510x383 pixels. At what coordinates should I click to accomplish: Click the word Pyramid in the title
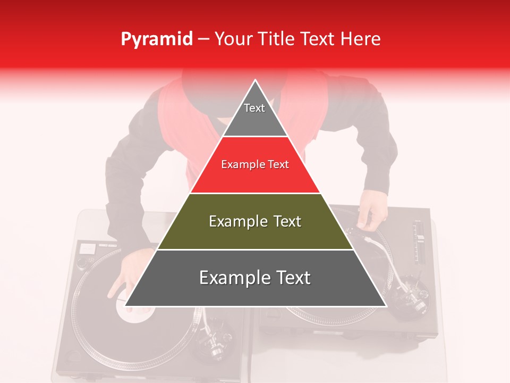click(156, 39)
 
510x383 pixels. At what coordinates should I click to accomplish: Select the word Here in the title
click(360, 39)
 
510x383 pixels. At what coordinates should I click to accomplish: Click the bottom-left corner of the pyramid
click(126, 306)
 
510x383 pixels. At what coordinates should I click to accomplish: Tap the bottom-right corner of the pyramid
click(385, 306)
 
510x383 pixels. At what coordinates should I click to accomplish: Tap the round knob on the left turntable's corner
click(82, 262)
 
